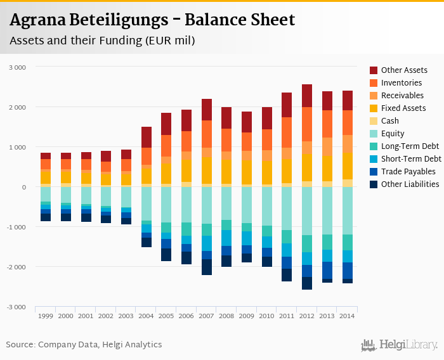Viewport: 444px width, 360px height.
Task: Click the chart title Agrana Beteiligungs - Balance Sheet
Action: click(x=152, y=20)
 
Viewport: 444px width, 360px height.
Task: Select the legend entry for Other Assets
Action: click(x=403, y=70)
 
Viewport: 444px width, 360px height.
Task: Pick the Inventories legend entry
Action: click(x=402, y=83)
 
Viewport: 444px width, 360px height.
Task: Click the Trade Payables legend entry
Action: click(x=408, y=172)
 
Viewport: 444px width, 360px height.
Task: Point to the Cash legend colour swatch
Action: click(x=374, y=121)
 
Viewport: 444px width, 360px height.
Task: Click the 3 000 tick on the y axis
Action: click(x=17, y=67)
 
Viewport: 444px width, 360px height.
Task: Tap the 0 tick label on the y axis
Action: click(x=23, y=187)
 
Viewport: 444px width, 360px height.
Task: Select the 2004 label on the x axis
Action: click(x=146, y=316)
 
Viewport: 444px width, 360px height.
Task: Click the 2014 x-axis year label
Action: click(x=347, y=316)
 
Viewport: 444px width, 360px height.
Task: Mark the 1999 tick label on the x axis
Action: click(x=46, y=316)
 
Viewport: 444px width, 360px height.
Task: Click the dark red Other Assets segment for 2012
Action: click(x=307, y=96)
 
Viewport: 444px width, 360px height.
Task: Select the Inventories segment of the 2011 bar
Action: click(x=287, y=132)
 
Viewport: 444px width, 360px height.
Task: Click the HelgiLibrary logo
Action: click(x=400, y=345)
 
